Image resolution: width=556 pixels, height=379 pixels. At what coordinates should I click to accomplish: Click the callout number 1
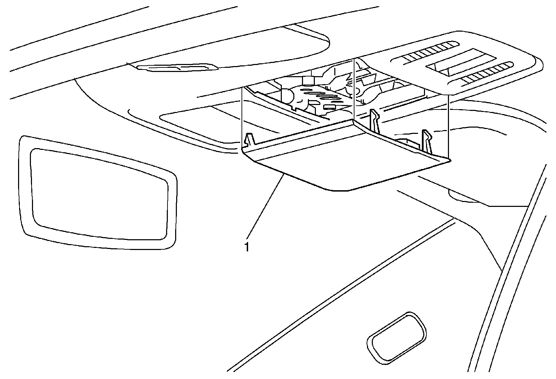(247, 248)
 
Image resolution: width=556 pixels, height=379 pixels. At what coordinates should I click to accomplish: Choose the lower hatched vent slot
(486, 73)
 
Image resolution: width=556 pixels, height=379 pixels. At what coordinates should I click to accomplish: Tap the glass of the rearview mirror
(97, 193)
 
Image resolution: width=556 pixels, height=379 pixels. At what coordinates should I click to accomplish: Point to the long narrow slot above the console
(177, 67)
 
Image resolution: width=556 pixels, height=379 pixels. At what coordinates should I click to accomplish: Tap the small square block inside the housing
(308, 81)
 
